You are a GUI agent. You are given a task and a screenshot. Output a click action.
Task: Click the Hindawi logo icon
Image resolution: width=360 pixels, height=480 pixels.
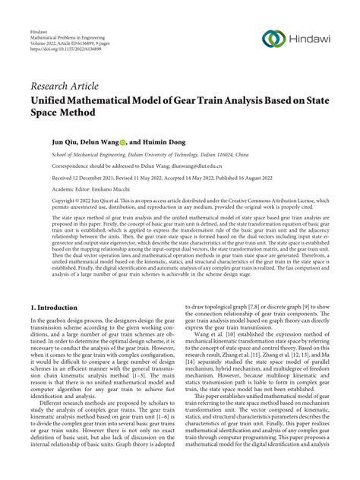(x=276, y=37)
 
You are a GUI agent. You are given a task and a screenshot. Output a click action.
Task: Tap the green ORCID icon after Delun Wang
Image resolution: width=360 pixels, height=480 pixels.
(x=123, y=141)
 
